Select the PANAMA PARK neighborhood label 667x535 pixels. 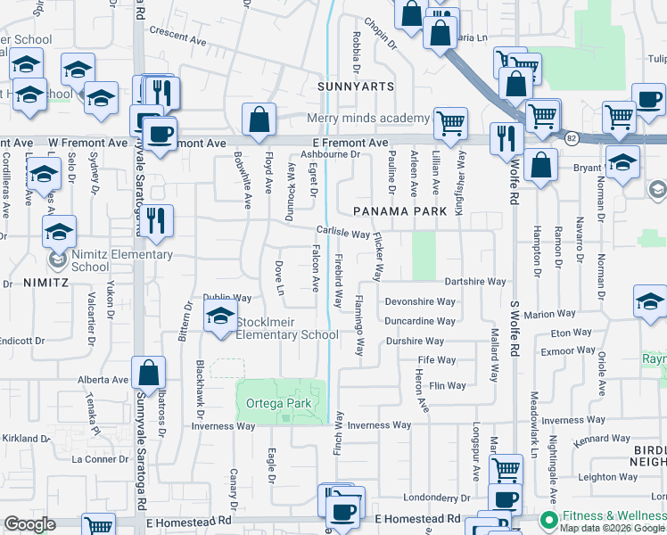pos(391,210)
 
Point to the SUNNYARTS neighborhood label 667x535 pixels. pos(348,86)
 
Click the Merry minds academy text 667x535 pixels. pos(368,119)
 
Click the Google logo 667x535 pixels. pos(29,524)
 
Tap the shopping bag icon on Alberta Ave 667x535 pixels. pos(149,374)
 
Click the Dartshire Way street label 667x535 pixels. pos(475,281)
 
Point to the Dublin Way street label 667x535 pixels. pos(227,298)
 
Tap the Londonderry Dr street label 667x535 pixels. pos(436,498)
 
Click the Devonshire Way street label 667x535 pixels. pos(420,301)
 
